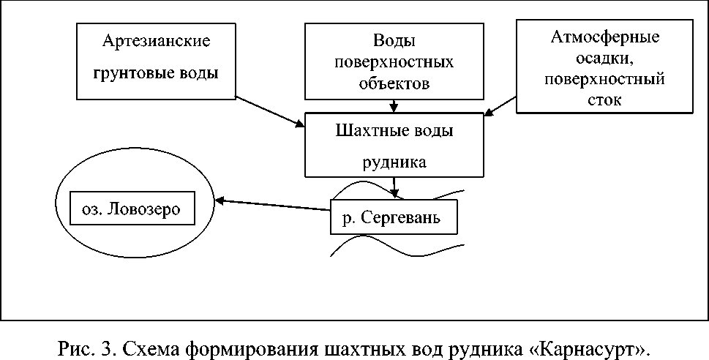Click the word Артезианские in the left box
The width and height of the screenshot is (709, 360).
157,40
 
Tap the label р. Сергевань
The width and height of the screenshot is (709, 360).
392,218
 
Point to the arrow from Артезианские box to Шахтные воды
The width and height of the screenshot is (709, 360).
271,110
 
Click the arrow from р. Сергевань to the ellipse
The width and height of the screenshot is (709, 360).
271,206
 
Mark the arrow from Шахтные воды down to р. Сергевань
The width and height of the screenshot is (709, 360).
395,187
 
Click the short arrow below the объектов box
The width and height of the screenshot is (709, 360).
394,106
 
